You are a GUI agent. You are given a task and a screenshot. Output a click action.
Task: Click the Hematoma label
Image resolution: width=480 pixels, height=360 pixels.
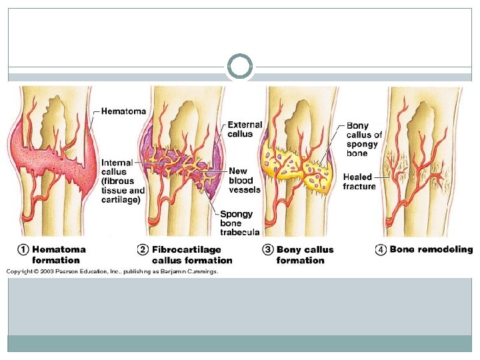coord(123,111)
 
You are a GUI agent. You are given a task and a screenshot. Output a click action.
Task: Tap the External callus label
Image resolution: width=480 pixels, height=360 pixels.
coord(245,129)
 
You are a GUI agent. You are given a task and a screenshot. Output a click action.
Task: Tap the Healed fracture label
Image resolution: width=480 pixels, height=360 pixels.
coord(359,181)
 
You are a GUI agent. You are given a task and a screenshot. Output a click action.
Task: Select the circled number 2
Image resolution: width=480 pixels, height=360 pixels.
coord(143,250)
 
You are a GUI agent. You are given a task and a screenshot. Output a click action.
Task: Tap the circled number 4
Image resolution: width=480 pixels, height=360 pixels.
coord(381,250)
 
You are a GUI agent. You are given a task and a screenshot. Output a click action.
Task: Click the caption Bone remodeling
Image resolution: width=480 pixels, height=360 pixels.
coord(431,250)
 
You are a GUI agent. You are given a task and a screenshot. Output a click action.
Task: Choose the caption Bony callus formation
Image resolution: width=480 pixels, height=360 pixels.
coord(305,255)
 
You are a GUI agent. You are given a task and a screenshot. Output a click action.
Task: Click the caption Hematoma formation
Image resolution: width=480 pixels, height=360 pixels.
coord(59,255)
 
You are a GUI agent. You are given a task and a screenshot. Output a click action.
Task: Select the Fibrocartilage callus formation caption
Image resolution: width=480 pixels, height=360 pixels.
coord(192,255)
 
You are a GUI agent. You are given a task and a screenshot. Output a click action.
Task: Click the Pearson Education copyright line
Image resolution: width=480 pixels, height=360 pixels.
coord(112,271)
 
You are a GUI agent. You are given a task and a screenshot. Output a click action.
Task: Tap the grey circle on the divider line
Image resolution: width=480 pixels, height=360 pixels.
coord(240,67)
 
